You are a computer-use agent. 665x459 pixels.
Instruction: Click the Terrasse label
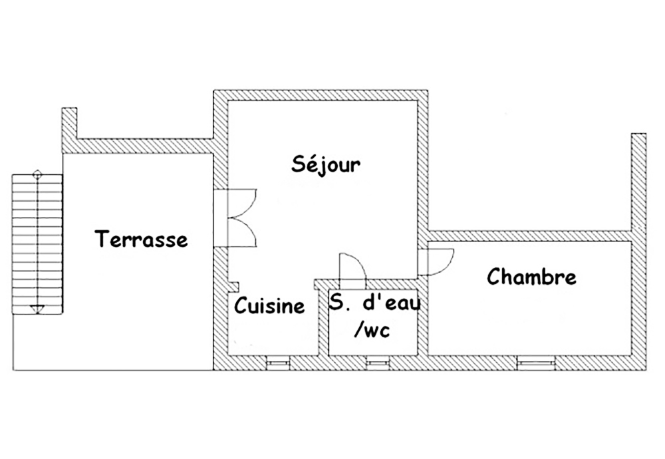tap(141, 239)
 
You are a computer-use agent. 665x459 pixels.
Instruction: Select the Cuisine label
tap(269, 305)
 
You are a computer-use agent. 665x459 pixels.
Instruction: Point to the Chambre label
tap(531, 277)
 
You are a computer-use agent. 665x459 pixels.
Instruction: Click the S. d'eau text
tap(375, 303)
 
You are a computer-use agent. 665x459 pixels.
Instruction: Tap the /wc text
tap(372, 330)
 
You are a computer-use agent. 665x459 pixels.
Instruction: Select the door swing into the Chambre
tap(437, 262)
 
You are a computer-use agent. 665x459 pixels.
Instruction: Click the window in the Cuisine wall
tap(279, 363)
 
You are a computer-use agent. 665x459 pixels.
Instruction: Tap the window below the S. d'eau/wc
tap(378, 363)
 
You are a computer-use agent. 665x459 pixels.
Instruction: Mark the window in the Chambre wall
tap(536, 363)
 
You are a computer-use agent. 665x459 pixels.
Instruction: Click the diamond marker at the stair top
tap(37, 173)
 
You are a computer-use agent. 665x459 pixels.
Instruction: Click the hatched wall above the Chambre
tap(530, 236)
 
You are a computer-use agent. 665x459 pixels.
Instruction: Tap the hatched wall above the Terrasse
tap(145, 146)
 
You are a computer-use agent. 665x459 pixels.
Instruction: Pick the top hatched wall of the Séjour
tap(321, 95)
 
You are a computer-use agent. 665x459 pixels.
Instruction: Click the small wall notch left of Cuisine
tap(234, 287)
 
